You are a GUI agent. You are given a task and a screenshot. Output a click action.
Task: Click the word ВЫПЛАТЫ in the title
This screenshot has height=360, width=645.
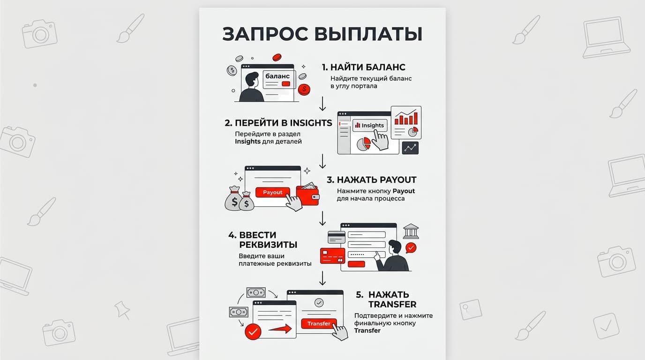[368, 34]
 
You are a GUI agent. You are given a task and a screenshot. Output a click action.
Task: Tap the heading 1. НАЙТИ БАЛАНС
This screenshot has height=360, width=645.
[364, 67]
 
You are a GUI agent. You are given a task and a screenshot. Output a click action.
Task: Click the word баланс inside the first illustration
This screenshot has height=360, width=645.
[277, 76]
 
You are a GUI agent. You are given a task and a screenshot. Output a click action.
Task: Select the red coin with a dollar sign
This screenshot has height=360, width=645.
[304, 90]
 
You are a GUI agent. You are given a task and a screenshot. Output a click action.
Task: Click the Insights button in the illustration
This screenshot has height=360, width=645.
[370, 125]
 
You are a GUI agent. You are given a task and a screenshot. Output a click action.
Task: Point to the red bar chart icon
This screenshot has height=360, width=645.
[406, 118]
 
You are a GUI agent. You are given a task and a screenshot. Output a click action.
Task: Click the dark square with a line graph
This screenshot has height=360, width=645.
[410, 148]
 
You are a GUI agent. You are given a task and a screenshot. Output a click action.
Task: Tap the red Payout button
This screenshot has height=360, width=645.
[272, 192]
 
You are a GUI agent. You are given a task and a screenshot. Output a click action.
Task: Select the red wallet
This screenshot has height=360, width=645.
[307, 195]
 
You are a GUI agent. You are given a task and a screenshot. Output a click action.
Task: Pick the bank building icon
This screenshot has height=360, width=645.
[411, 231]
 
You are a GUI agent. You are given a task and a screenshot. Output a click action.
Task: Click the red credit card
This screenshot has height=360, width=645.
[333, 256]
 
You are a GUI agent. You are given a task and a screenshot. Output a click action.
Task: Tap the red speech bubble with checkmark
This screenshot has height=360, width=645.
[411, 247]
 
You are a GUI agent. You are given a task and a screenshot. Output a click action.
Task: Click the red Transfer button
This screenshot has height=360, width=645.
[319, 324]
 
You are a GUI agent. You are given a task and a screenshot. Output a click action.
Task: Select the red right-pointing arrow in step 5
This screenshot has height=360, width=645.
[280, 329]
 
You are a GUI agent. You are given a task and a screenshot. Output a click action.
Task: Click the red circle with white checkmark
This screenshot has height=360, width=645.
[253, 332]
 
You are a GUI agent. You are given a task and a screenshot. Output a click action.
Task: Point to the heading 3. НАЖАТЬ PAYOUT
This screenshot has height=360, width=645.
[371, 180]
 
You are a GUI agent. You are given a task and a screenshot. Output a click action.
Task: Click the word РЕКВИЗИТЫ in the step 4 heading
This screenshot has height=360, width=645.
[268, 245]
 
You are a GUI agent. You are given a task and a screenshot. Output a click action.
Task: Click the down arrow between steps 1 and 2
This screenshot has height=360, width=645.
[322, 104]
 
